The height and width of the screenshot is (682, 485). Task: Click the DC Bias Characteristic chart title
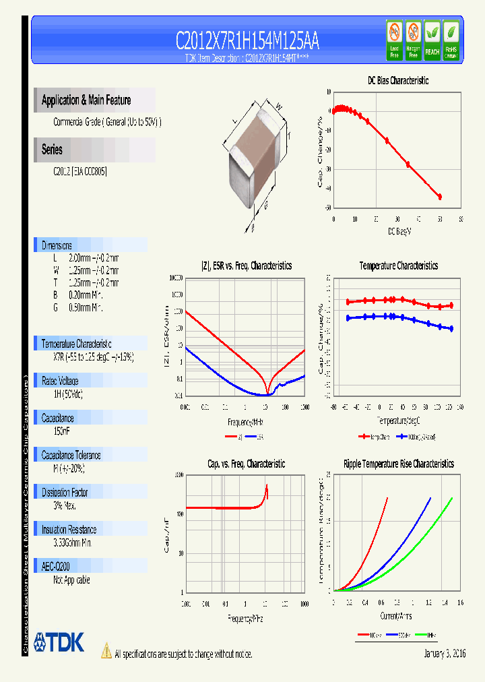(397, 80)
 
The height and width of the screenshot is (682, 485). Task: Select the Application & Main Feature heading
(86, 100)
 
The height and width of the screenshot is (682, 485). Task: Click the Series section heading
(53, 150)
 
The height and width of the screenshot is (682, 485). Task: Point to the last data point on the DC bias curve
(440, 197)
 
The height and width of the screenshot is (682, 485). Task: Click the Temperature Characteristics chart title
(398, 266)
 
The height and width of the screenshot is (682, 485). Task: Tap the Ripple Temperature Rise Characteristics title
(398, 464)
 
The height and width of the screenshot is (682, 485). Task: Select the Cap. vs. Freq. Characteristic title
(246, 464)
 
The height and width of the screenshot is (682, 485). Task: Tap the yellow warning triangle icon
(106, 651)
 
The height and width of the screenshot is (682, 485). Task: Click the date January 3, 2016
(445, 654)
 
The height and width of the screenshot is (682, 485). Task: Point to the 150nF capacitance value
(63, 431)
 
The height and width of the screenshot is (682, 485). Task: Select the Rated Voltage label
(60, 381)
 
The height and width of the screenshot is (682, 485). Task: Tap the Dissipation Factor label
(65, 493)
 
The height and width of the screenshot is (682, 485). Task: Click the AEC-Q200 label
(55, 567)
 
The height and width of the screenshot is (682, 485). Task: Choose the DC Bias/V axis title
(399, 231)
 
